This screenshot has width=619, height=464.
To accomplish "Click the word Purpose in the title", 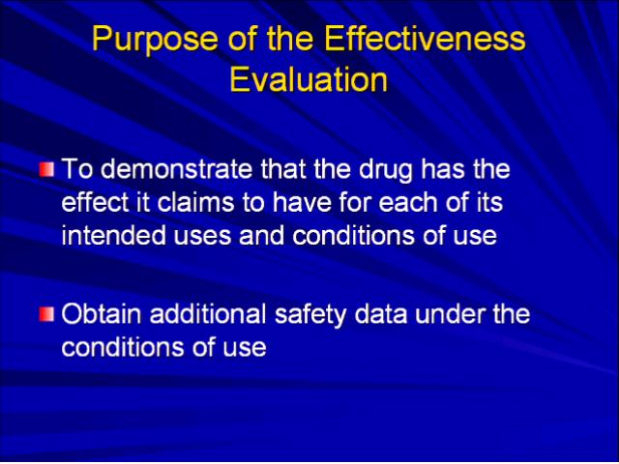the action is pyautogui.click(x=155, y=40).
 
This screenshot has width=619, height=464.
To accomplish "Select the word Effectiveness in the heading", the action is pyautogui.click(x=426, y=39).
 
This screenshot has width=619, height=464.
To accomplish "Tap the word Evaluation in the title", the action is pyautogui.click(x=309, y=79).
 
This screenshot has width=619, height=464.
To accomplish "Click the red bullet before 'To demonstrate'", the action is pyautogui.click(x=46, y=169).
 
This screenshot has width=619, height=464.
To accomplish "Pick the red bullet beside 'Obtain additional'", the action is pyautogui.click(x=46, y=314).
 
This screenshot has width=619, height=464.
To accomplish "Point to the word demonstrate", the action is pyautogui.click(x=179, y=169).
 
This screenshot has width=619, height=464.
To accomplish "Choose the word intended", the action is pyautogui.click(x=114, y=236).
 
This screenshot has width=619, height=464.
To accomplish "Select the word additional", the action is pyautogui.click(x=208, y=314).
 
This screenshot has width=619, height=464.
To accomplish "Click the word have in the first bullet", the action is pyautogui.click(x=301, y=202).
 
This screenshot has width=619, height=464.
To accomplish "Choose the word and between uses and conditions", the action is pyautogui.click(x=262, y=236).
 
